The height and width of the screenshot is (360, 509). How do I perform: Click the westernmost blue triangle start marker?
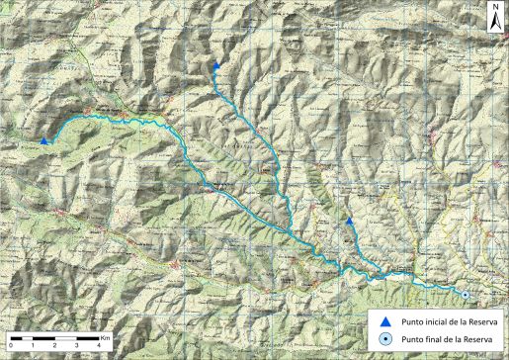click(x=44, y=141)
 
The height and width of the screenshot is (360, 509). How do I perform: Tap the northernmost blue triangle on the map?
click(x=216, y=65)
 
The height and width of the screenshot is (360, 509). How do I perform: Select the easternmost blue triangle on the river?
click(x=350, y=222)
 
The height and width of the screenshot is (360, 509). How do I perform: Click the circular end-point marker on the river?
click(x=464, y=294)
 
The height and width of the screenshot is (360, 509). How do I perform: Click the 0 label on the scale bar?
click(x=10, y=346)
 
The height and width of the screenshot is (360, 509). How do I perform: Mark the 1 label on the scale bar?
click(x=33, y=346)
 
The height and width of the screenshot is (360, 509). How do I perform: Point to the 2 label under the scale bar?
click(x=54, y=346)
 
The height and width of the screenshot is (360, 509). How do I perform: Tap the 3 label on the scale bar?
click(x=77, y=346)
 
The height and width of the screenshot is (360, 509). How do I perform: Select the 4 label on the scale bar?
click(x=99, y=346)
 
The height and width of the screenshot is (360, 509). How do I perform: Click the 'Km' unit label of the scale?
click(x=105, y=337)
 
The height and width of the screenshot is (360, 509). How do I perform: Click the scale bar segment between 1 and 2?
click(x=43, y=338)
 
